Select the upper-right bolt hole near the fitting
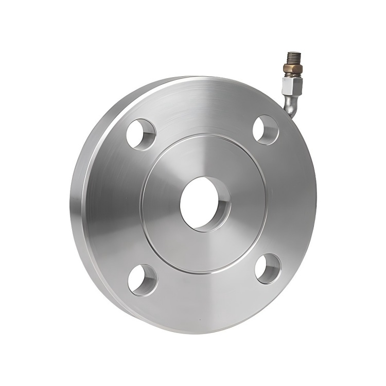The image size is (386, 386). [x=266, y=130]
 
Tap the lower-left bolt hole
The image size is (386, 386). [x=143, y=280]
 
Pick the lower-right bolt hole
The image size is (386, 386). [x=268, y=269]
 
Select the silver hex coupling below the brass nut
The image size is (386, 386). [x=292, y=84]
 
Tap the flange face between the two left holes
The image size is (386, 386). [x=116, y=206]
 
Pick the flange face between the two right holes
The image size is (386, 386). [x=291, y=201]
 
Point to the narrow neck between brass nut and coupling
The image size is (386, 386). [x=293, y=75]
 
